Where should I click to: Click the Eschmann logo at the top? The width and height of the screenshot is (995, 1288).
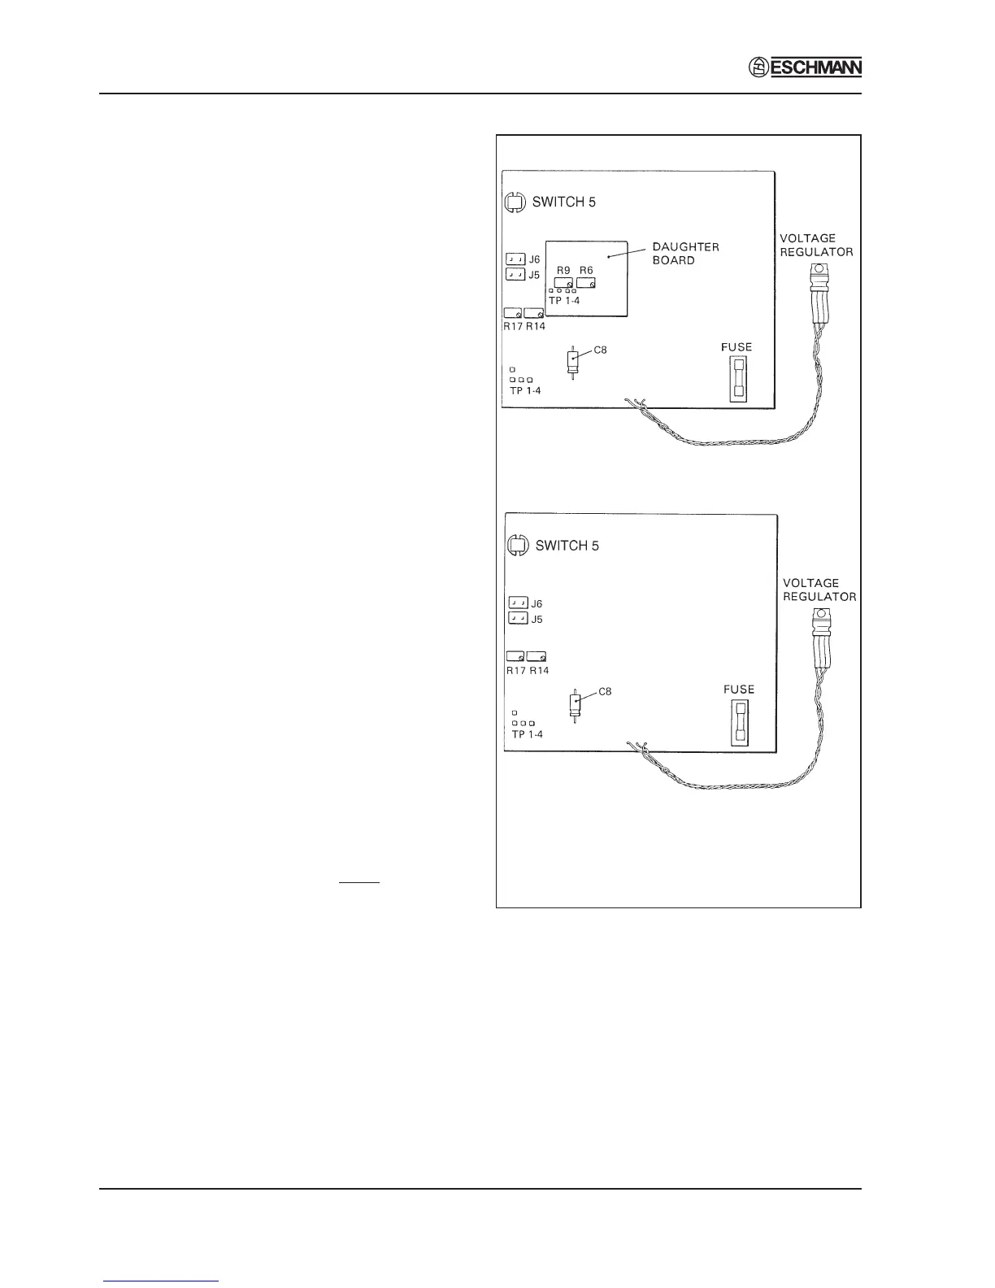pos(805,68)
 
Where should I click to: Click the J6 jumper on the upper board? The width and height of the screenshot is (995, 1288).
pos(515,259)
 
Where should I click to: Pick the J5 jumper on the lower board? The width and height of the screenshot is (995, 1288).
pos(518,619)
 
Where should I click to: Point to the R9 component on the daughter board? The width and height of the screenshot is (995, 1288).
pos(563,282)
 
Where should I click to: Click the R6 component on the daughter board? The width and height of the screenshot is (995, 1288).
pos(586,282)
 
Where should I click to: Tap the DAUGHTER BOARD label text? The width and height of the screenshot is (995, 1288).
pos(685,253)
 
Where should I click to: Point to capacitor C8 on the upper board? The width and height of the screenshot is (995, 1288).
pos(573,361)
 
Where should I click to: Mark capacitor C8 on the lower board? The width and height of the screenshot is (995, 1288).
pos(576,703)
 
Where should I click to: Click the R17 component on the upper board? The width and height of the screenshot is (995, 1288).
pos(513,313)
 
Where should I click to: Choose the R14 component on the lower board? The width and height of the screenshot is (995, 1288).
pos(537,656)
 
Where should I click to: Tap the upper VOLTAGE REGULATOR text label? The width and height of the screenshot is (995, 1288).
pos(816,245)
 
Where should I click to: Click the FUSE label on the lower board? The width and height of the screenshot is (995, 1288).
pos(739,690)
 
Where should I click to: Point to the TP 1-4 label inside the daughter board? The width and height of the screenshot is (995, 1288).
pos(564,301)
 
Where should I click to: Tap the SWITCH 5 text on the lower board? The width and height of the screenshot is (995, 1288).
pos(567,546)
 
